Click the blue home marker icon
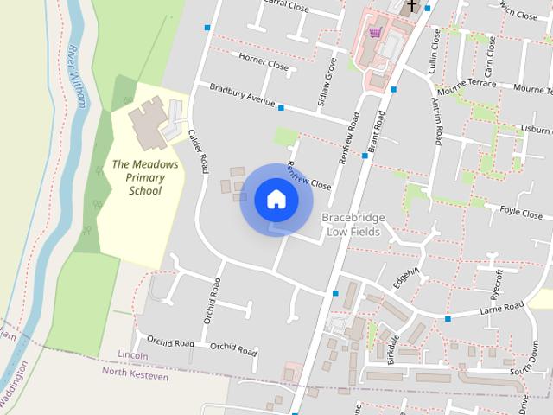(276, 199)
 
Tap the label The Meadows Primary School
(144, 177)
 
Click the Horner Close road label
(264, 63)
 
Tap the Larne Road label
(502, 309)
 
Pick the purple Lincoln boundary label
(133, 356)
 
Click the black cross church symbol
(412, 6)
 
